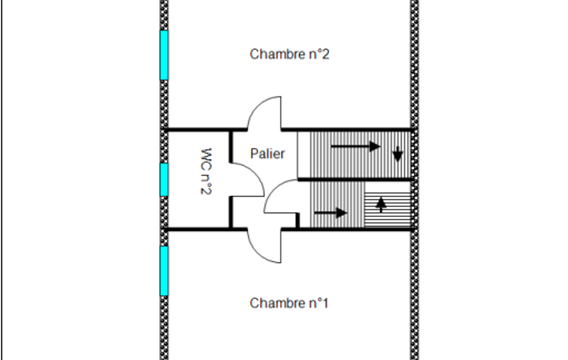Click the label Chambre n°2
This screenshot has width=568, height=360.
pos(289,54)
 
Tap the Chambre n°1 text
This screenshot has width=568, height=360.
pos(289,303)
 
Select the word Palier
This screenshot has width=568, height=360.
pos(267,153)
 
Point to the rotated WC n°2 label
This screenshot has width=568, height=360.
pos(206,171)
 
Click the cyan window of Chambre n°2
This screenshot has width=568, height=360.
pos(164,55)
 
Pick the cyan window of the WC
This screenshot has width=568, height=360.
pos(164,179)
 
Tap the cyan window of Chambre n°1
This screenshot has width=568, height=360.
pos(164,271)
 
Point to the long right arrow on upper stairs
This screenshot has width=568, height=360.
pos(356,146)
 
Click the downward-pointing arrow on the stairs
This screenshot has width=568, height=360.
pos(398,154)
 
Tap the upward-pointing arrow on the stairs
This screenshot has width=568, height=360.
pos(381,204)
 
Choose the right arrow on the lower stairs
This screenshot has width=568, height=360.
pos(331,213)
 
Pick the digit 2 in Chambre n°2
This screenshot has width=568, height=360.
pos(326,54)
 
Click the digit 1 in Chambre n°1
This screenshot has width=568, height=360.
pos(325,303)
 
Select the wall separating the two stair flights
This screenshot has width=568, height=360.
pos(355,179)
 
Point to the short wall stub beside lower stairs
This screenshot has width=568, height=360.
pos(298,220)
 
